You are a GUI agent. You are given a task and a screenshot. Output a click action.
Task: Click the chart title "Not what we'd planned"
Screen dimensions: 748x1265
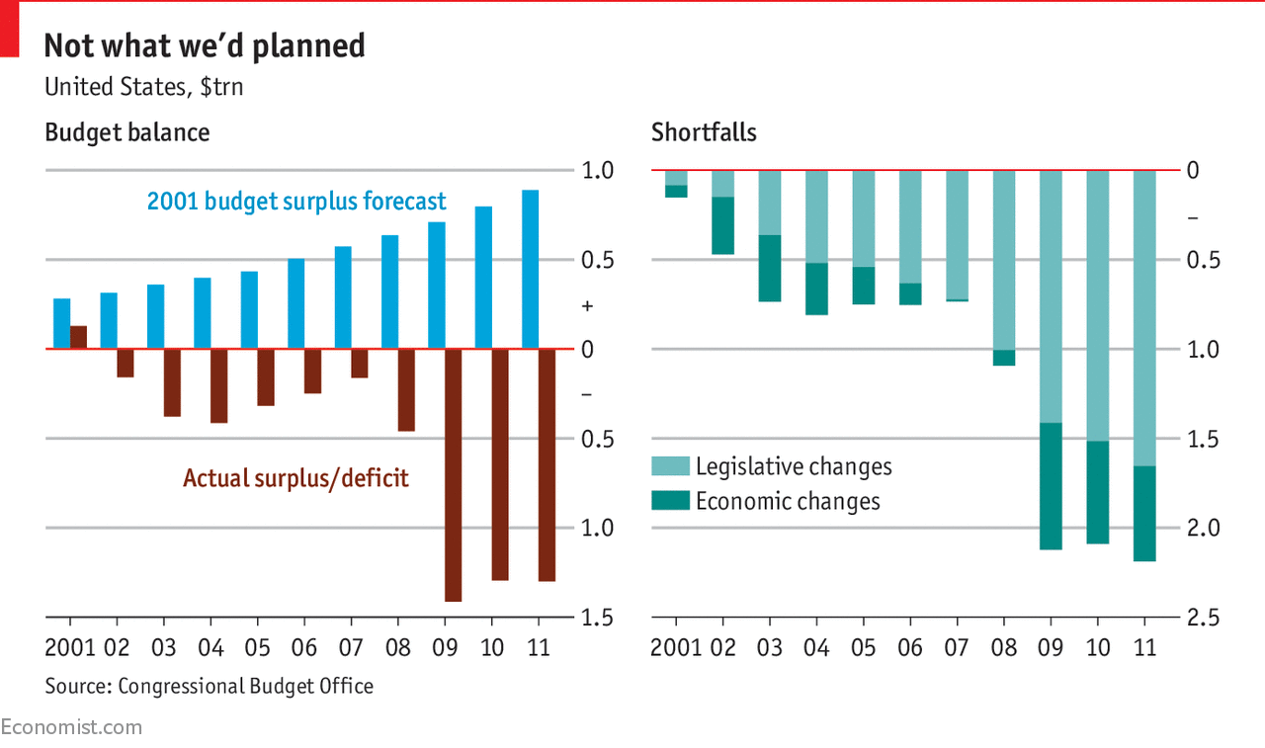tap(205, 45)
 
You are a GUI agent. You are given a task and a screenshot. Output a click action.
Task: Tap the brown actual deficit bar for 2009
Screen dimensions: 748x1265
tap(454, 474)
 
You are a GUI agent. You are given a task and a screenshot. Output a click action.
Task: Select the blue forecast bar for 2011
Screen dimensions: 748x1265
tap(530, 269)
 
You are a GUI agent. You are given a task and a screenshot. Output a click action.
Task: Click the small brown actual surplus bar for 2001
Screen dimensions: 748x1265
tap(79, 337)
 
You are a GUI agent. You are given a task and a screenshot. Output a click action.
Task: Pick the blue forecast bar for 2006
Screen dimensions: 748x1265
tap(295, 303)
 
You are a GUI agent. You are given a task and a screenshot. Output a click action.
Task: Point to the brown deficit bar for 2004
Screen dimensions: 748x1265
tap(218, 385)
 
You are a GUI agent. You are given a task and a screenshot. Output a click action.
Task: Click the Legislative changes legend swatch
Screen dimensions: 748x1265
tap(669, 466)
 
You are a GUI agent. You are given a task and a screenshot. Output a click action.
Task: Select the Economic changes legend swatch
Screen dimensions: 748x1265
tap(669, 501)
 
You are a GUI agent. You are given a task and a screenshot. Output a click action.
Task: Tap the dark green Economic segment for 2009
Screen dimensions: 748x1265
tap(1051, 486)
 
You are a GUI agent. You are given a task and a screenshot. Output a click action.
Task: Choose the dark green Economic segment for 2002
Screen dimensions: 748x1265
tap(723, 225)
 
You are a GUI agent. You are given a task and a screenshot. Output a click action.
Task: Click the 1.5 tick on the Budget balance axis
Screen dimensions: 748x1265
tap(597, 618)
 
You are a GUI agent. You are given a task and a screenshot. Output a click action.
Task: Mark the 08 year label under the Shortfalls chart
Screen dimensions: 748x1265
tap(1004, 648)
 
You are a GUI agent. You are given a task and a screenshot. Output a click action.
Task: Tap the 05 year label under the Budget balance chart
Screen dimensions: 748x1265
tap(257, 648)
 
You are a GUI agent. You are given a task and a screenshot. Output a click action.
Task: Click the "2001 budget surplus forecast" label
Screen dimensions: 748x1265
tap(296, 202)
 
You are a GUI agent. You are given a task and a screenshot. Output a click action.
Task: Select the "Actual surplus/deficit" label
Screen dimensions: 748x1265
tap(295, 478)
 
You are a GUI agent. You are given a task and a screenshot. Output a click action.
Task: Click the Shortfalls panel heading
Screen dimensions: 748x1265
tap(704, 132)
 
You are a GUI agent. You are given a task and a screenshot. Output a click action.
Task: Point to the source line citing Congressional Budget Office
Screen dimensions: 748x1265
tap(210, 686)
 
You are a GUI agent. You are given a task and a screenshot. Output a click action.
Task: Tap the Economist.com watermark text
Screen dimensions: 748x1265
tap(71, 727)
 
